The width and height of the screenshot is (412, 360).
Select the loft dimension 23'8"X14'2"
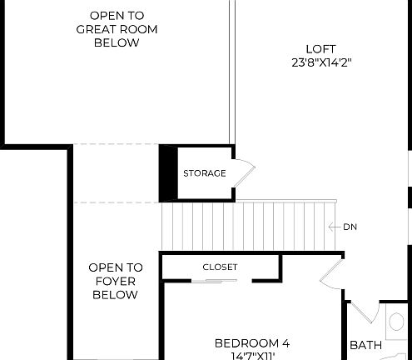(320, 62)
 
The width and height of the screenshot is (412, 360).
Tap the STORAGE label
(204, 173)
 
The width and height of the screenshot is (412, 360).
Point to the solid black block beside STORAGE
(167, 172)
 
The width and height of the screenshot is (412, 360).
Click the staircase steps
(241, 225)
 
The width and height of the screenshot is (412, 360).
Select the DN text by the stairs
(350, 227)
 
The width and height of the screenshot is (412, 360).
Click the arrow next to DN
(334, 227)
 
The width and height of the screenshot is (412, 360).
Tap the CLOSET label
(220, 267)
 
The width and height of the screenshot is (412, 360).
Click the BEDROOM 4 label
(252, 343)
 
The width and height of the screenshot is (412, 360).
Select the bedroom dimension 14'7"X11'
(252, 356)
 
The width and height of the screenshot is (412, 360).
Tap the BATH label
(365, 345)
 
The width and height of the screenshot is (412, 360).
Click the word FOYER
(116, 282)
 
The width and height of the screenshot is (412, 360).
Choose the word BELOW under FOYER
(116, 295)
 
